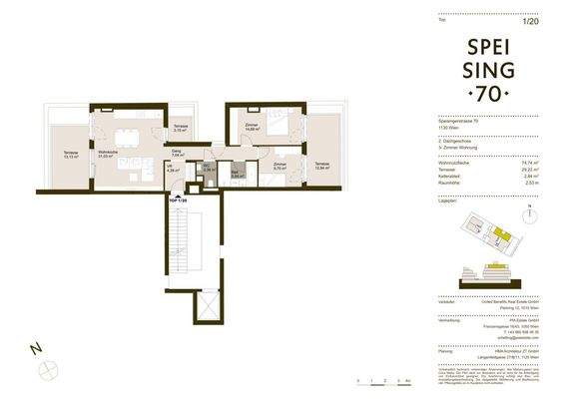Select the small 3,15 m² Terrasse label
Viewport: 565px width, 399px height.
click(180, 127)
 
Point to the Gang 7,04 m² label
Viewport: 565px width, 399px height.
click(178, 154)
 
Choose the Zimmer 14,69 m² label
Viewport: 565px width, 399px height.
click(251, 127)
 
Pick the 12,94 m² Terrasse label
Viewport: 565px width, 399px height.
click(321, 165)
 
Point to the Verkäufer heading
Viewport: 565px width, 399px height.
click(447, 303)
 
